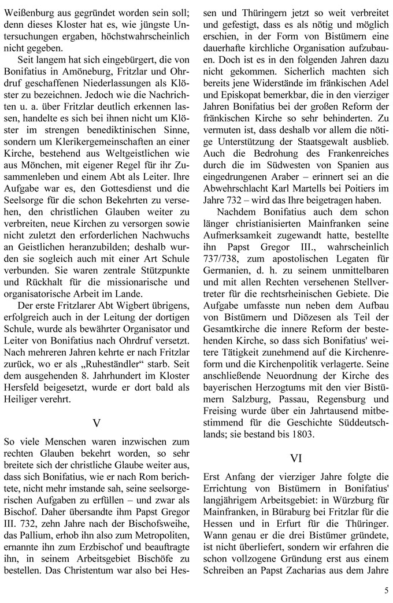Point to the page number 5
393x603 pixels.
coord(385,590)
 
